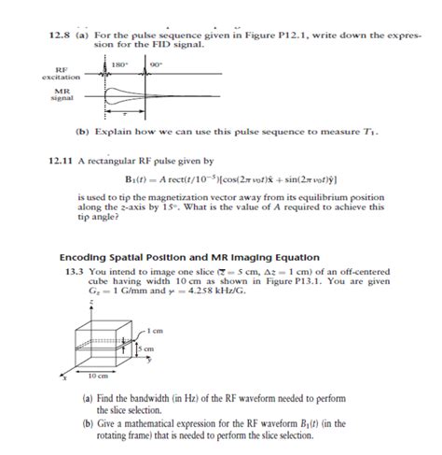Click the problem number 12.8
[59, 35]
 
